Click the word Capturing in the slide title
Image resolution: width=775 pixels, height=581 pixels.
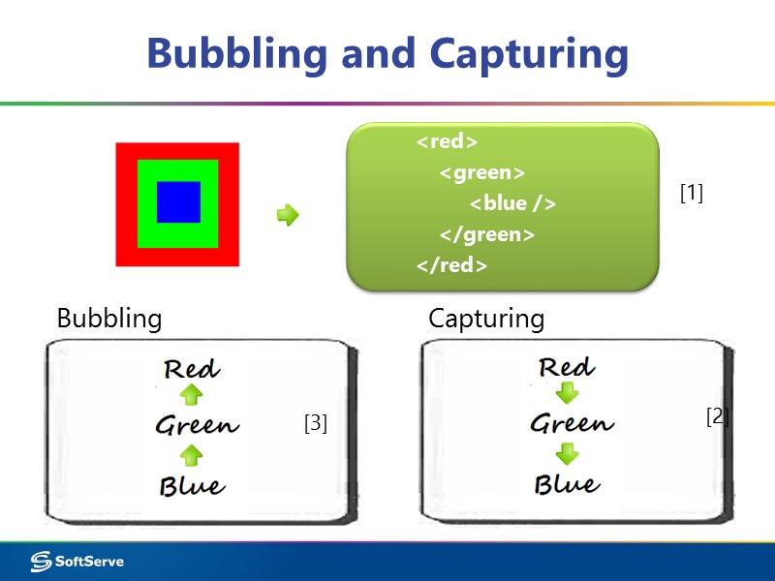pos(529,53)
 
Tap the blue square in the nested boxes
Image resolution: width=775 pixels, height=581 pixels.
pos(178,202)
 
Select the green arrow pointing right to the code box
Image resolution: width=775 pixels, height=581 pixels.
pos(288,215)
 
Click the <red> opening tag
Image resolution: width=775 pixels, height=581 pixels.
pos(447,141)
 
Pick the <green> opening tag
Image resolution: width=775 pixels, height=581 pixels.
pos(481,172)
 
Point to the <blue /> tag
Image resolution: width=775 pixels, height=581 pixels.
pos(512,203)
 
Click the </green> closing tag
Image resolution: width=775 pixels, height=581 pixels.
pos(486,234)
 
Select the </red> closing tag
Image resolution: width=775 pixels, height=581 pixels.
pos(451,265)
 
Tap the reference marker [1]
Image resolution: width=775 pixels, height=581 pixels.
pos(692,194)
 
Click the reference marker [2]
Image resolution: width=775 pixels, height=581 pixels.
pos(717,416)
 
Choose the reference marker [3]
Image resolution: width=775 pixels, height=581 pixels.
pos(315,423)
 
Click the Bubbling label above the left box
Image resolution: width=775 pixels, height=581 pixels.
pos(109,319)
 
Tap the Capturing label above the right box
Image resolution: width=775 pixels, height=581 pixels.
pos(486,319)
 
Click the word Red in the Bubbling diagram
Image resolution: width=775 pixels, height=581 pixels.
pos(192,369)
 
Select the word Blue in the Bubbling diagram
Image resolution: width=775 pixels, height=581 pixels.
pos(192,485)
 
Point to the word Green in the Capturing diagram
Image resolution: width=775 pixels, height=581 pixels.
pos(572,423)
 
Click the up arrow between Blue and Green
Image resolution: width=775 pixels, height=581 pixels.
pos(192,455)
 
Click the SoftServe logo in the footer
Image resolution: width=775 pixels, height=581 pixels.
pos(77,562)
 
